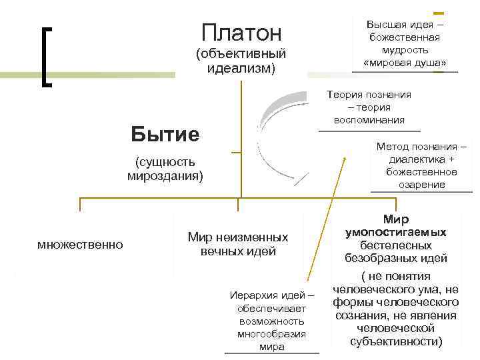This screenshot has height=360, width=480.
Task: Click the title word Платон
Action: click(241, 33)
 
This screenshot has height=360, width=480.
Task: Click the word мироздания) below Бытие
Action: click(165, 175)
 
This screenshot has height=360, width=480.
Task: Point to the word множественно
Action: click(80, 245)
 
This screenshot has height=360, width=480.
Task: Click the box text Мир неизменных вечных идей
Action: click(238, 244)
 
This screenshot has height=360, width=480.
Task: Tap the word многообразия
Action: click(271, 334)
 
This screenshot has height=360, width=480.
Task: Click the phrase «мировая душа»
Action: click(405, 63)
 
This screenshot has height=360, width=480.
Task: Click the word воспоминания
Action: click(369, 120)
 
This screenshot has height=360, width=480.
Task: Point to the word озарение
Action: click(421, 185)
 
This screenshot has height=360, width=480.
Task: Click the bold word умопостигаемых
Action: click(396, 232)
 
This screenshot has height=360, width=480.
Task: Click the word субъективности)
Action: click(396, 341)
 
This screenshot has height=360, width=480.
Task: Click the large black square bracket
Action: click(46, 56)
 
